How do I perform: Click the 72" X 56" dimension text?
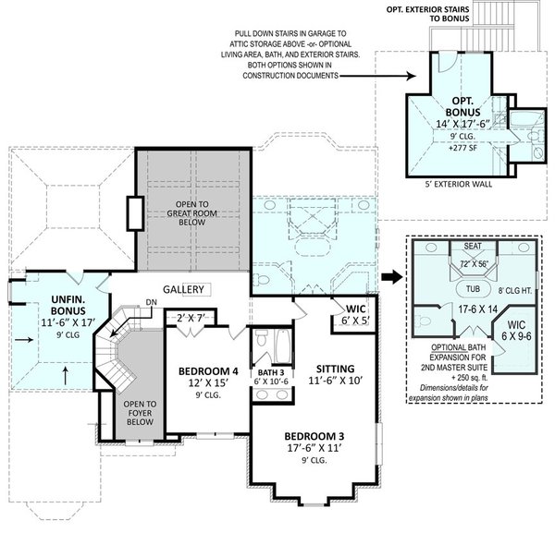click(473, 264)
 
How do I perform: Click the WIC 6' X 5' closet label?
click(357, 313)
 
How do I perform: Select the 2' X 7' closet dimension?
click(194, 318)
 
